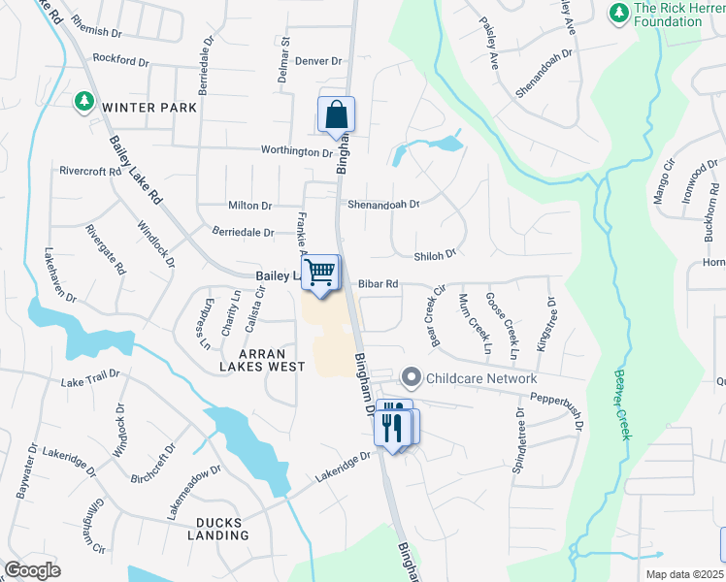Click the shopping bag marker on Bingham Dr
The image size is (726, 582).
tap(336, 115)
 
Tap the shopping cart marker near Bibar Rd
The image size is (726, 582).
tap(320, 273)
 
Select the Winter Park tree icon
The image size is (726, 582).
tap(84, 100)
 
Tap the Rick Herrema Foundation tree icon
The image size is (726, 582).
tap(617, 13)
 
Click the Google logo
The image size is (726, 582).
tap(33, 569)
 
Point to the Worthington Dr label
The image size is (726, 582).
tap(295, 151)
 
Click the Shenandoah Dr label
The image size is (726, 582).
tap(382, 205)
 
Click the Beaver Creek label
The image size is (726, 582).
tap(621, 404)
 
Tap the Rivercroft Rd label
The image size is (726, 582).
tap(89, 171)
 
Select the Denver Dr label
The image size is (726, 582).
tap(319, 61)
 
